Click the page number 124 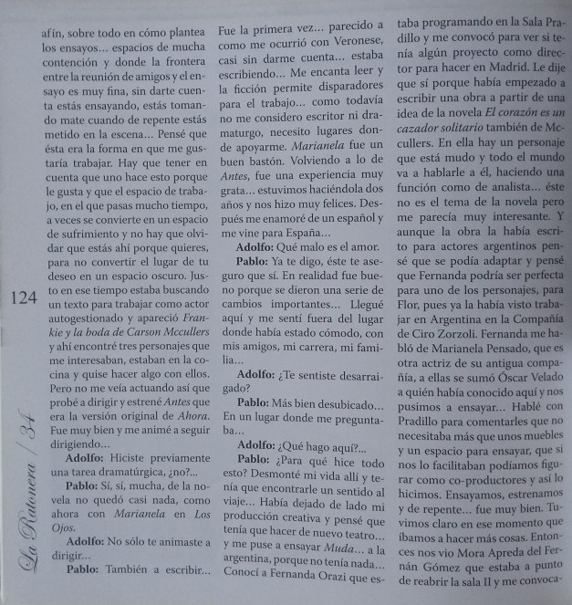[21, 297]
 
